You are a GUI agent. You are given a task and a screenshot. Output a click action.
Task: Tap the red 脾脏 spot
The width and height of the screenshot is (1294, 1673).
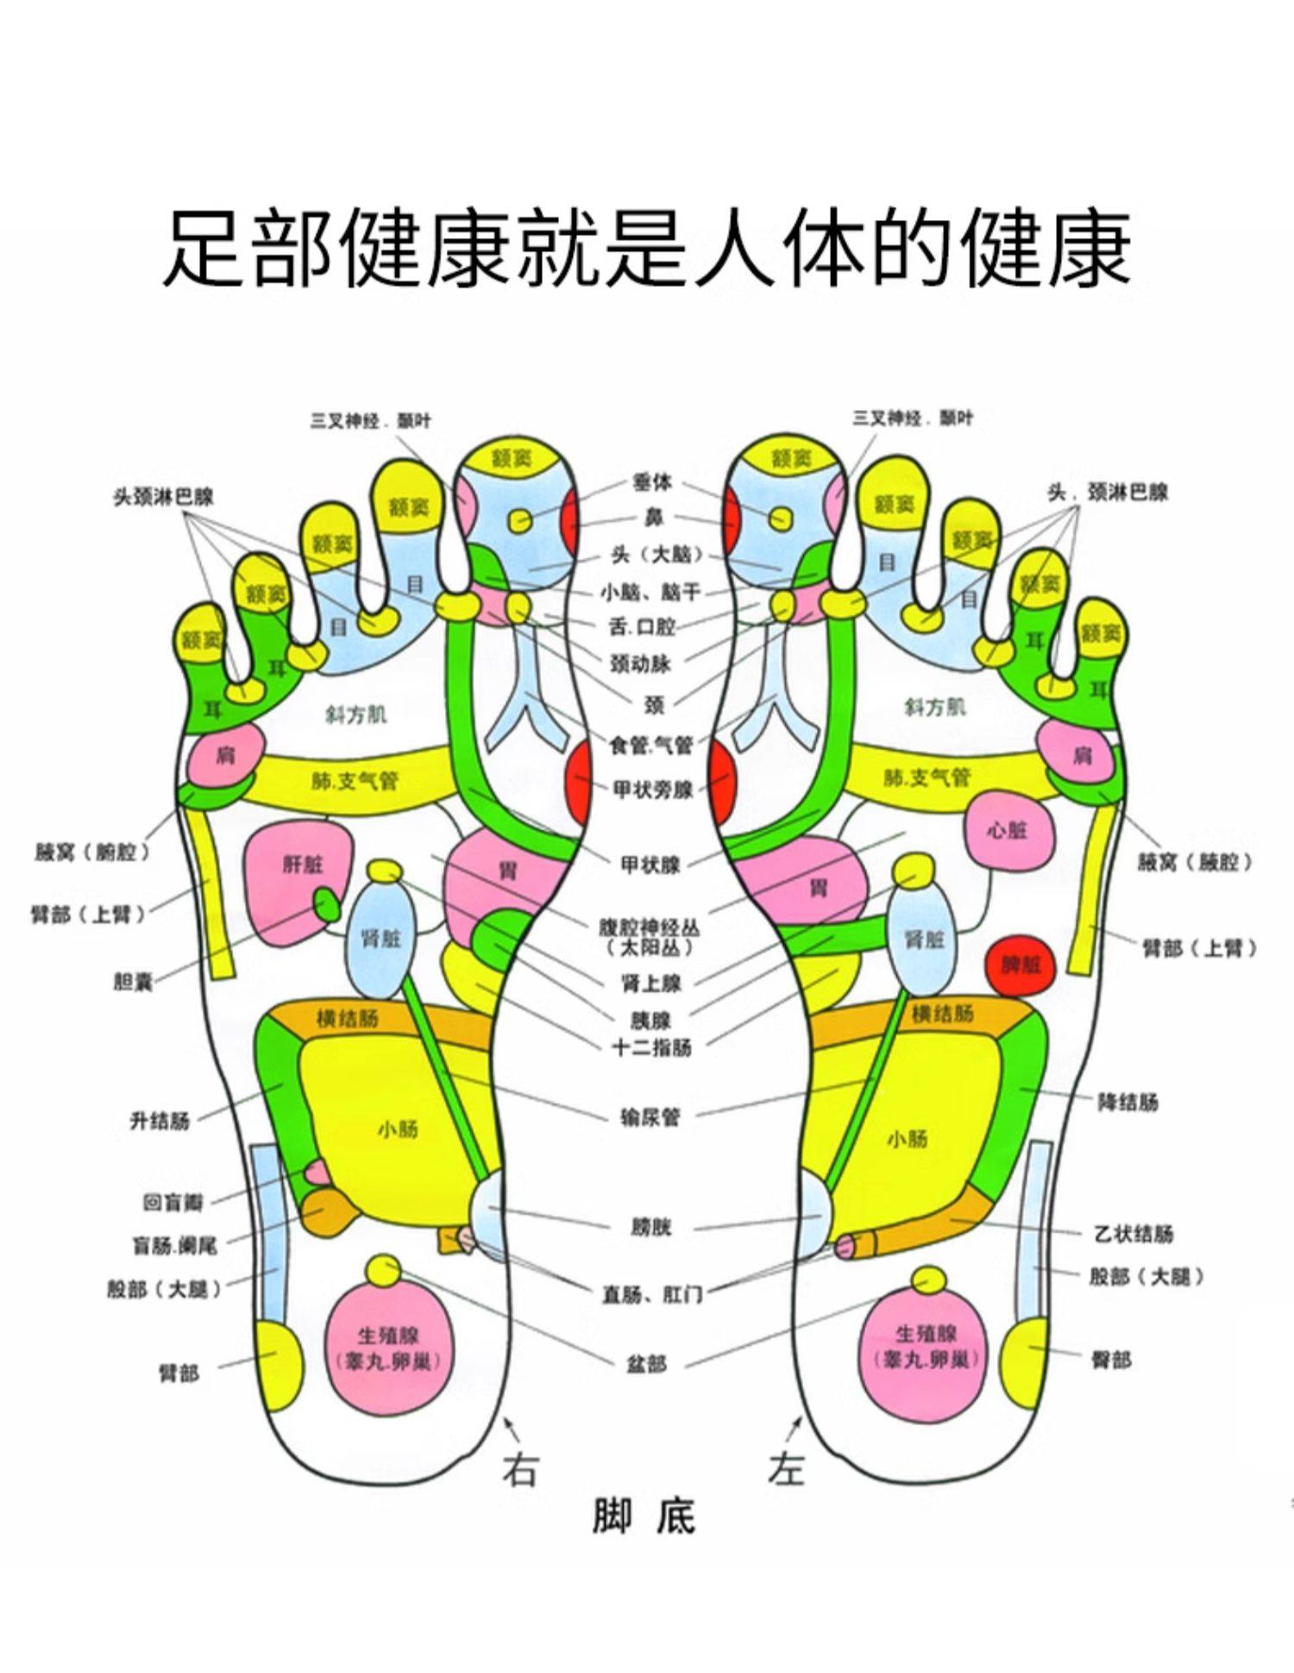click(x=1021, y=964)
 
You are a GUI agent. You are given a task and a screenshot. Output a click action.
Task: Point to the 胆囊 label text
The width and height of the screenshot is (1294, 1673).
click(x=133, y=981)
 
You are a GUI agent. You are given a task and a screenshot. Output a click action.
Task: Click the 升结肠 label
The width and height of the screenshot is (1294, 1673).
click(x=160, y=1121)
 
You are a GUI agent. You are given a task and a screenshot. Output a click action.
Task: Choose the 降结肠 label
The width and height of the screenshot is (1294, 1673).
click(x=1128, y=1102)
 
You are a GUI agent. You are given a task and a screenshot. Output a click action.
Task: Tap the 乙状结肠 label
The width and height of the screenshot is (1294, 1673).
click(x=1134, y=1234)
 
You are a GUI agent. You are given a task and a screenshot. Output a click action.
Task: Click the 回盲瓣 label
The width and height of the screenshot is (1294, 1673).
click(x=173, y=1202)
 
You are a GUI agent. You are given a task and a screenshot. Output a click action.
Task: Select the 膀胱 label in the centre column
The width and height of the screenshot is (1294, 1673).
click(x=650, y=1226)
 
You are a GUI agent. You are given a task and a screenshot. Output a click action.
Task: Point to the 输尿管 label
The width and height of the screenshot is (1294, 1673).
click(x=650, y=1117)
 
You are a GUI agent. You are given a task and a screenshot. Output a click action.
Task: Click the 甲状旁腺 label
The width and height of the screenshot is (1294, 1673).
click(x=653, y=789)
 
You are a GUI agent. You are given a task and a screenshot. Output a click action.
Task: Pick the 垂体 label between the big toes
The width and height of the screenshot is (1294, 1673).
click(x=651, y=482)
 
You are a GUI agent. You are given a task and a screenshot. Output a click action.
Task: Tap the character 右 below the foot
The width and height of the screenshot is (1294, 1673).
click(x=520, y=1469)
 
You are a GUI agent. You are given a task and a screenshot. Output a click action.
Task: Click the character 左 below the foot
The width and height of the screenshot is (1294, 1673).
click(x=786, y=1469)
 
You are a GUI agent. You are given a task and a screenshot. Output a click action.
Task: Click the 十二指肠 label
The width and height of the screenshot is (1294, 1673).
click(x=652, y=1047)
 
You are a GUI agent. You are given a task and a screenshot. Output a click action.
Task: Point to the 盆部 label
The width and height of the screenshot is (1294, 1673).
click(x=646, y=1363)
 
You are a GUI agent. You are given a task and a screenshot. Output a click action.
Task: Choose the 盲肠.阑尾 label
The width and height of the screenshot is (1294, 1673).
click(x=174, y=1245)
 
